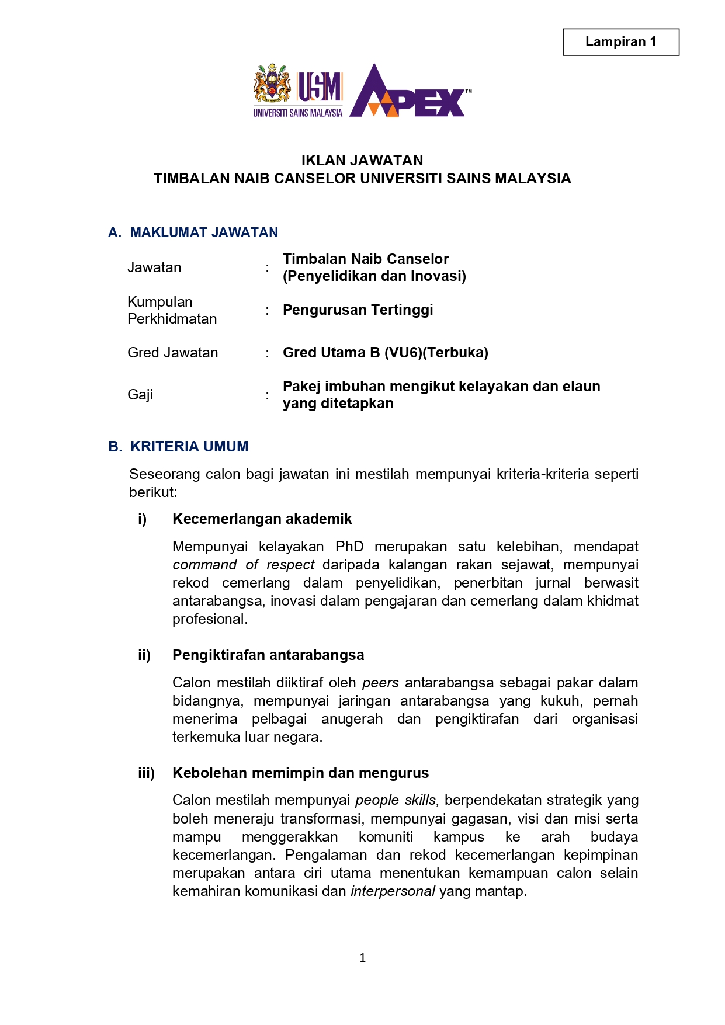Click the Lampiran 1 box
click(x=620, y=42)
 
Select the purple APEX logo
click(x=409, y=92)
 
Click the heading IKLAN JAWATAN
click(x=362, y=161)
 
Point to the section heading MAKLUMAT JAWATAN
click(x=204, y=232)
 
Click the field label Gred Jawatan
click(x=173, y=353)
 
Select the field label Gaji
click(x=140, y=395)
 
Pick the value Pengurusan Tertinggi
click(x=358, y=310)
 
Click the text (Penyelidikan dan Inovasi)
click(x=374, y=276)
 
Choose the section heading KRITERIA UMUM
click(x=189, y=447)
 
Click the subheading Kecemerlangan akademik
click(x=262, y=519)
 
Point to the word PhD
click(x=349, y=547)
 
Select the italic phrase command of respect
click(x=243, y=565)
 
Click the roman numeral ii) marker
click(x=144, y=655)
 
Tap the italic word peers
click(x=380, y=683)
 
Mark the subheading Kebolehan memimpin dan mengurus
click(x=300, y=773)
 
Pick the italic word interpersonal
click(x=393, y=891)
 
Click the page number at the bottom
click(x=363, y=958)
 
